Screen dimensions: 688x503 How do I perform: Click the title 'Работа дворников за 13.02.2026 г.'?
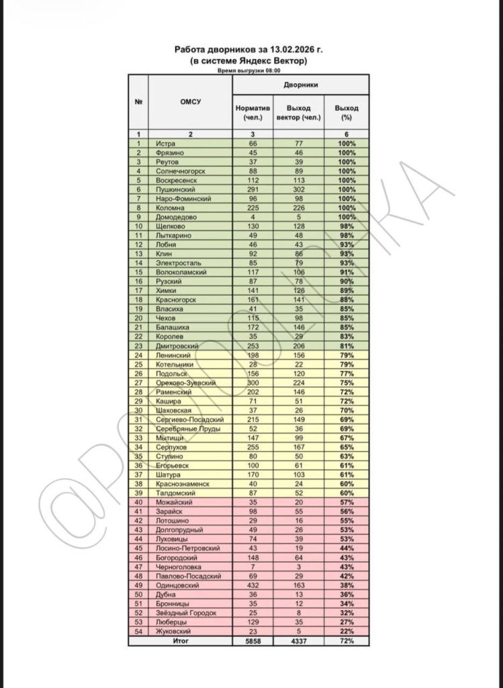(x=248, y=50)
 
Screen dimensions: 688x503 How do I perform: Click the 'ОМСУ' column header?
(x=190, y=102)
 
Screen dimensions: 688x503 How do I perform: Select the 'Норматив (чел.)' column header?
(x=253, y=112)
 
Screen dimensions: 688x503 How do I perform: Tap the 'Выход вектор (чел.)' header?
(x=299, y=112)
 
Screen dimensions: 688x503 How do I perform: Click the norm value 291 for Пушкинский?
(x=253, y=190)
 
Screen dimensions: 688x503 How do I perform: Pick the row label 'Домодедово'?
(x=175, y=218)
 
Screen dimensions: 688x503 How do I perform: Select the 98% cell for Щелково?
(x=347, y=226)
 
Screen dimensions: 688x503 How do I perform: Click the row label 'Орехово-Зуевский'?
(x=185, y=382)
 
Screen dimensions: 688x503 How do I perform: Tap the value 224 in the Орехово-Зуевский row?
(x=299, y=382)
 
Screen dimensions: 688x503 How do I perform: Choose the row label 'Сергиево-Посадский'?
(x=189, y=419)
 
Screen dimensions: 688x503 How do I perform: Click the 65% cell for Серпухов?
(x=347, y=447)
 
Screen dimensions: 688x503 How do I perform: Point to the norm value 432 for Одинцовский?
(x=253, y=585)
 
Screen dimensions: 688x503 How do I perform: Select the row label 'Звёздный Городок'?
(x=185, y=612)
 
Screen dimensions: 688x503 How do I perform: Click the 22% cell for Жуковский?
(x=347, y=631)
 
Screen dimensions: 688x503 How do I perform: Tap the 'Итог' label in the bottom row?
(x=181, y=641)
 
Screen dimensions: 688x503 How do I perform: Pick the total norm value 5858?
(x=253, y=641)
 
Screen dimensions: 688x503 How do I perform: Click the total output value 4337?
(x=299, y=641)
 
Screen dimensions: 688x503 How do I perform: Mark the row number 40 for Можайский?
(x=138, y=502)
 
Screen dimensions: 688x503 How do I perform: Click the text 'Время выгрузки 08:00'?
(x=248, y=70)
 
